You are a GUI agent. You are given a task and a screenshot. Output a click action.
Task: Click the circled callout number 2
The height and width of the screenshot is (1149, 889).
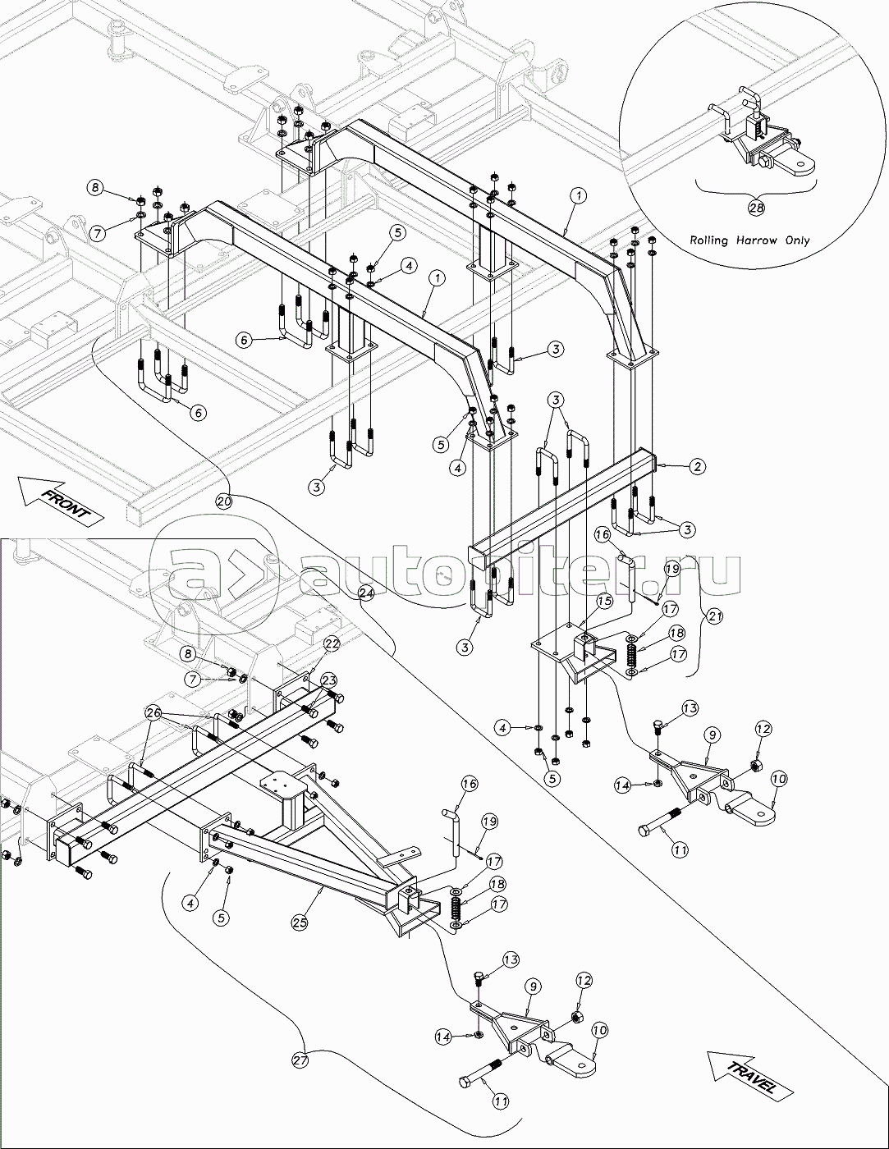click(x=696, y=467)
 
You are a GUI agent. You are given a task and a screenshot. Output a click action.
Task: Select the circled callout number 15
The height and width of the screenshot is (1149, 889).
click(x=604, y=602)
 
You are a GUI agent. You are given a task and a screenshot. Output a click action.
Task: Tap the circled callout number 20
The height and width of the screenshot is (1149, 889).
click(x=225, y=499)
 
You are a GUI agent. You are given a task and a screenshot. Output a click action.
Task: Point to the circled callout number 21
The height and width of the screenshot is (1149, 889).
click(x=716, y=616)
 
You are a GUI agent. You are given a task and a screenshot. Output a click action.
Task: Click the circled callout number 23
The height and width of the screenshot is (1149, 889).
click(x=328, y=680)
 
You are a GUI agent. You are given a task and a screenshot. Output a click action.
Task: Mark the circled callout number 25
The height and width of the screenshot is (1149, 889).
click(x=300, y=922)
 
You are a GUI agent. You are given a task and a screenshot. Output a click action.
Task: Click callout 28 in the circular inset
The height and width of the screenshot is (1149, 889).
click(x=756, y=208)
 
